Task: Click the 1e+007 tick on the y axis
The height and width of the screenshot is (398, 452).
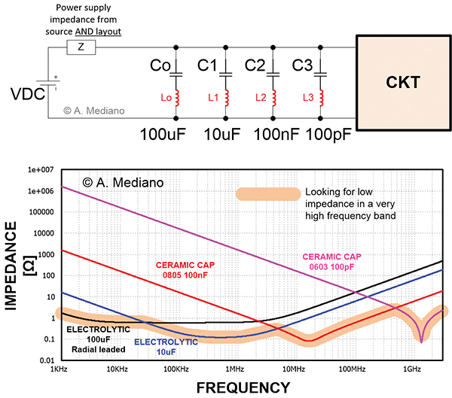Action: tap(35, 171)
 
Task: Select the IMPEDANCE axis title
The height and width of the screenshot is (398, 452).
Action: tap(12, 265)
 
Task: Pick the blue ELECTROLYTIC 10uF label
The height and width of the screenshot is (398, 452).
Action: tap(166, 347)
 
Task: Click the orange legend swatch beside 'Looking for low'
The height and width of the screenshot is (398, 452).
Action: tap(267, 194)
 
